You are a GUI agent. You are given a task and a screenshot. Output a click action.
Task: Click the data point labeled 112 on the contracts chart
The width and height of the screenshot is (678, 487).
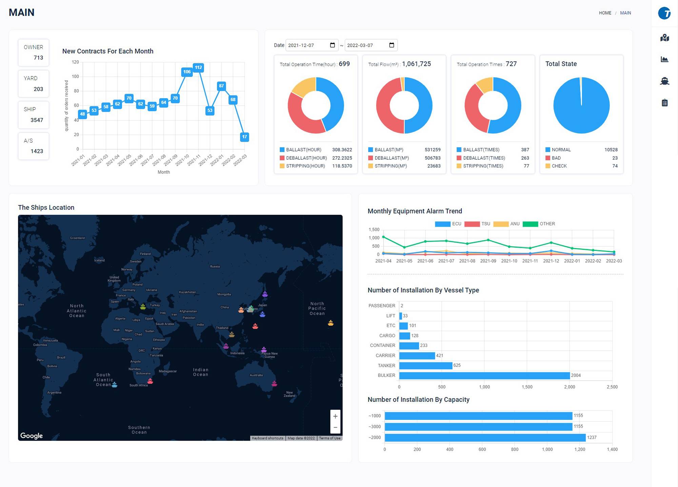(198, 67)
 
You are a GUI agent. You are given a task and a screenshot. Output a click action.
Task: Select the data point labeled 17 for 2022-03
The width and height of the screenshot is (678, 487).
(244, 137)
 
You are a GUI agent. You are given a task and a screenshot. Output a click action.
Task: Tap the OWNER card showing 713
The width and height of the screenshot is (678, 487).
(34, 53)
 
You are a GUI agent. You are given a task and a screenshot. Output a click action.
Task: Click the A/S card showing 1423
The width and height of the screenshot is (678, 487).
(34, 146)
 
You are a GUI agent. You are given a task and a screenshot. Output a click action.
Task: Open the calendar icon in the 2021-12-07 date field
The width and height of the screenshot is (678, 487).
(332, 45)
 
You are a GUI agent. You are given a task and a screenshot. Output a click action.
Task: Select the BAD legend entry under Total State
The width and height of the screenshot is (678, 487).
(556, 158)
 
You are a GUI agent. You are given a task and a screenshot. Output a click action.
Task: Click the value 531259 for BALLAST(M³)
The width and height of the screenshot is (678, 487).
(433, 150)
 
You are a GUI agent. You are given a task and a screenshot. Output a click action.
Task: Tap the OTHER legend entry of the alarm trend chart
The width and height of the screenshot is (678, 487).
(539, 224)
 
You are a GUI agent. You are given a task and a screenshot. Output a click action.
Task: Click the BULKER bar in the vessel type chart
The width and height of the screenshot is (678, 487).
(484, 376)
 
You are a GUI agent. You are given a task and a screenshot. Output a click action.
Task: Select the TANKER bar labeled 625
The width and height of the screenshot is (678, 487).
(425, 365)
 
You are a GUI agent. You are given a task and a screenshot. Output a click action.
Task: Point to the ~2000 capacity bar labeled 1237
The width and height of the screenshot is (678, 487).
(485, 438)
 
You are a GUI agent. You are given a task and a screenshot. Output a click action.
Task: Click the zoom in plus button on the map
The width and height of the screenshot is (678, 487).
(335, 416)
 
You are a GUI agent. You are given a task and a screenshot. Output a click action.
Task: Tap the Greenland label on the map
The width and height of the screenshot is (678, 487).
(77, 238)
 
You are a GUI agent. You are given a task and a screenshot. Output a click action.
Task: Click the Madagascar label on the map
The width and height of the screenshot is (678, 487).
(168, 371)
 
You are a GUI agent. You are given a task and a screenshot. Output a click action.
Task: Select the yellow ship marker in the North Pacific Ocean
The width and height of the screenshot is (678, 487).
(331, 323)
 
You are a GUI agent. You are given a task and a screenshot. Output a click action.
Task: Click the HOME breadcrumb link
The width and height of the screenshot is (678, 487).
(605, 13)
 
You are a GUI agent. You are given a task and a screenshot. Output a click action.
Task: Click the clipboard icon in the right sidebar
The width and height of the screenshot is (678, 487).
(664, 103)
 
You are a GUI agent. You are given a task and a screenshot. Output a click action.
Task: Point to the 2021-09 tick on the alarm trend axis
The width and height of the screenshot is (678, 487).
(488, 261)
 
